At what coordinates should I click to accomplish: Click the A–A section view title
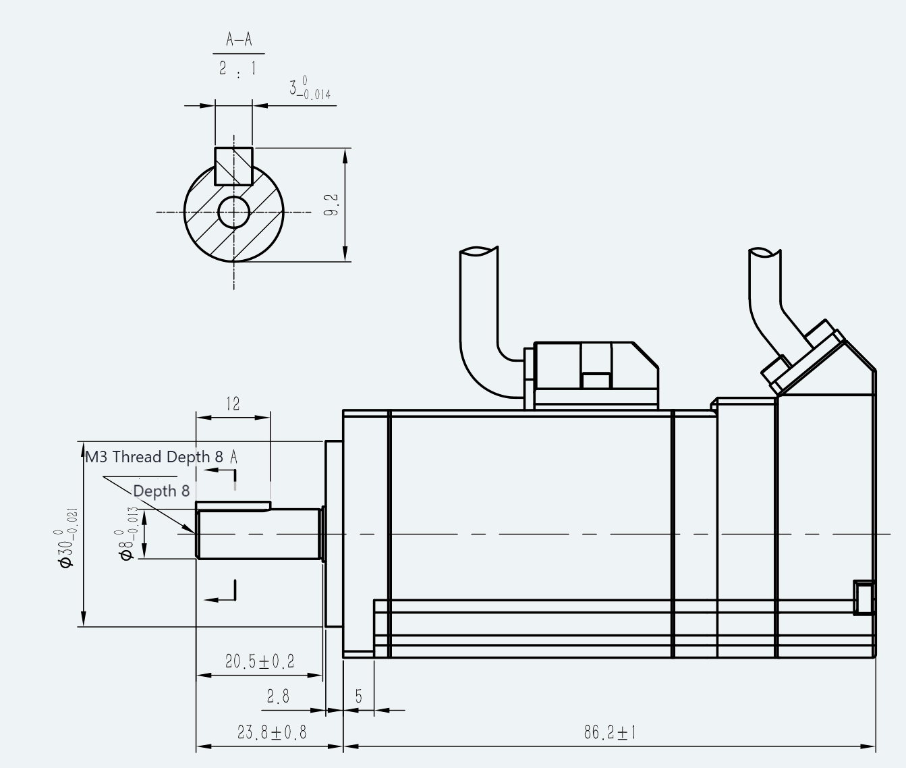239,39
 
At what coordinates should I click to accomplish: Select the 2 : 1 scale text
238,69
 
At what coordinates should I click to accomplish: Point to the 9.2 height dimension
332,205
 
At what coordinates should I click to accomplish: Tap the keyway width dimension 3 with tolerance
310,88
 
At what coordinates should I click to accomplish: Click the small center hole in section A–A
233,213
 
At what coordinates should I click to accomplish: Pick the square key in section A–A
233,166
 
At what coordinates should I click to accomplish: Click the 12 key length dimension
233,404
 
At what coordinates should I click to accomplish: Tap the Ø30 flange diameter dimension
67,538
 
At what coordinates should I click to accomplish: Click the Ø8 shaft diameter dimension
127,534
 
